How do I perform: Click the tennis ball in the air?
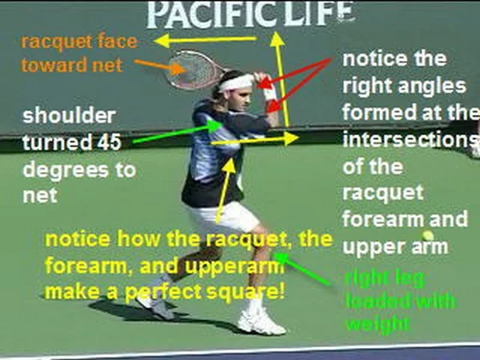(428, 236)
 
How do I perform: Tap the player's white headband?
(237, 82)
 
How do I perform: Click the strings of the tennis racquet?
(189, 69)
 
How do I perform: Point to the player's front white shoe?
(261, 322)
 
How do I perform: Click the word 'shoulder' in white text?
(69, 116)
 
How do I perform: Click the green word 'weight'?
(377, 325)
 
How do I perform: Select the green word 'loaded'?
(378, 302)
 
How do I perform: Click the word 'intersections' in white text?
(408, 141)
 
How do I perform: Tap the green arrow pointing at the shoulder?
(172, 134)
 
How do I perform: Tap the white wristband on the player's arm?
(270, 94)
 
